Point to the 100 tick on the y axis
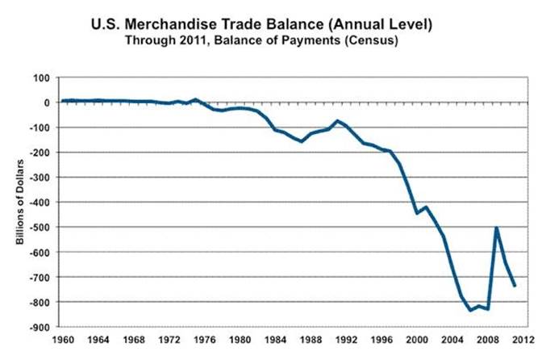pyautogui.click(x=41, y=77)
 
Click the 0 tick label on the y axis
pyautogui.click(x=48, y=103)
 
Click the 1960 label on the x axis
pyautogui.click(x=62, y=341)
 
